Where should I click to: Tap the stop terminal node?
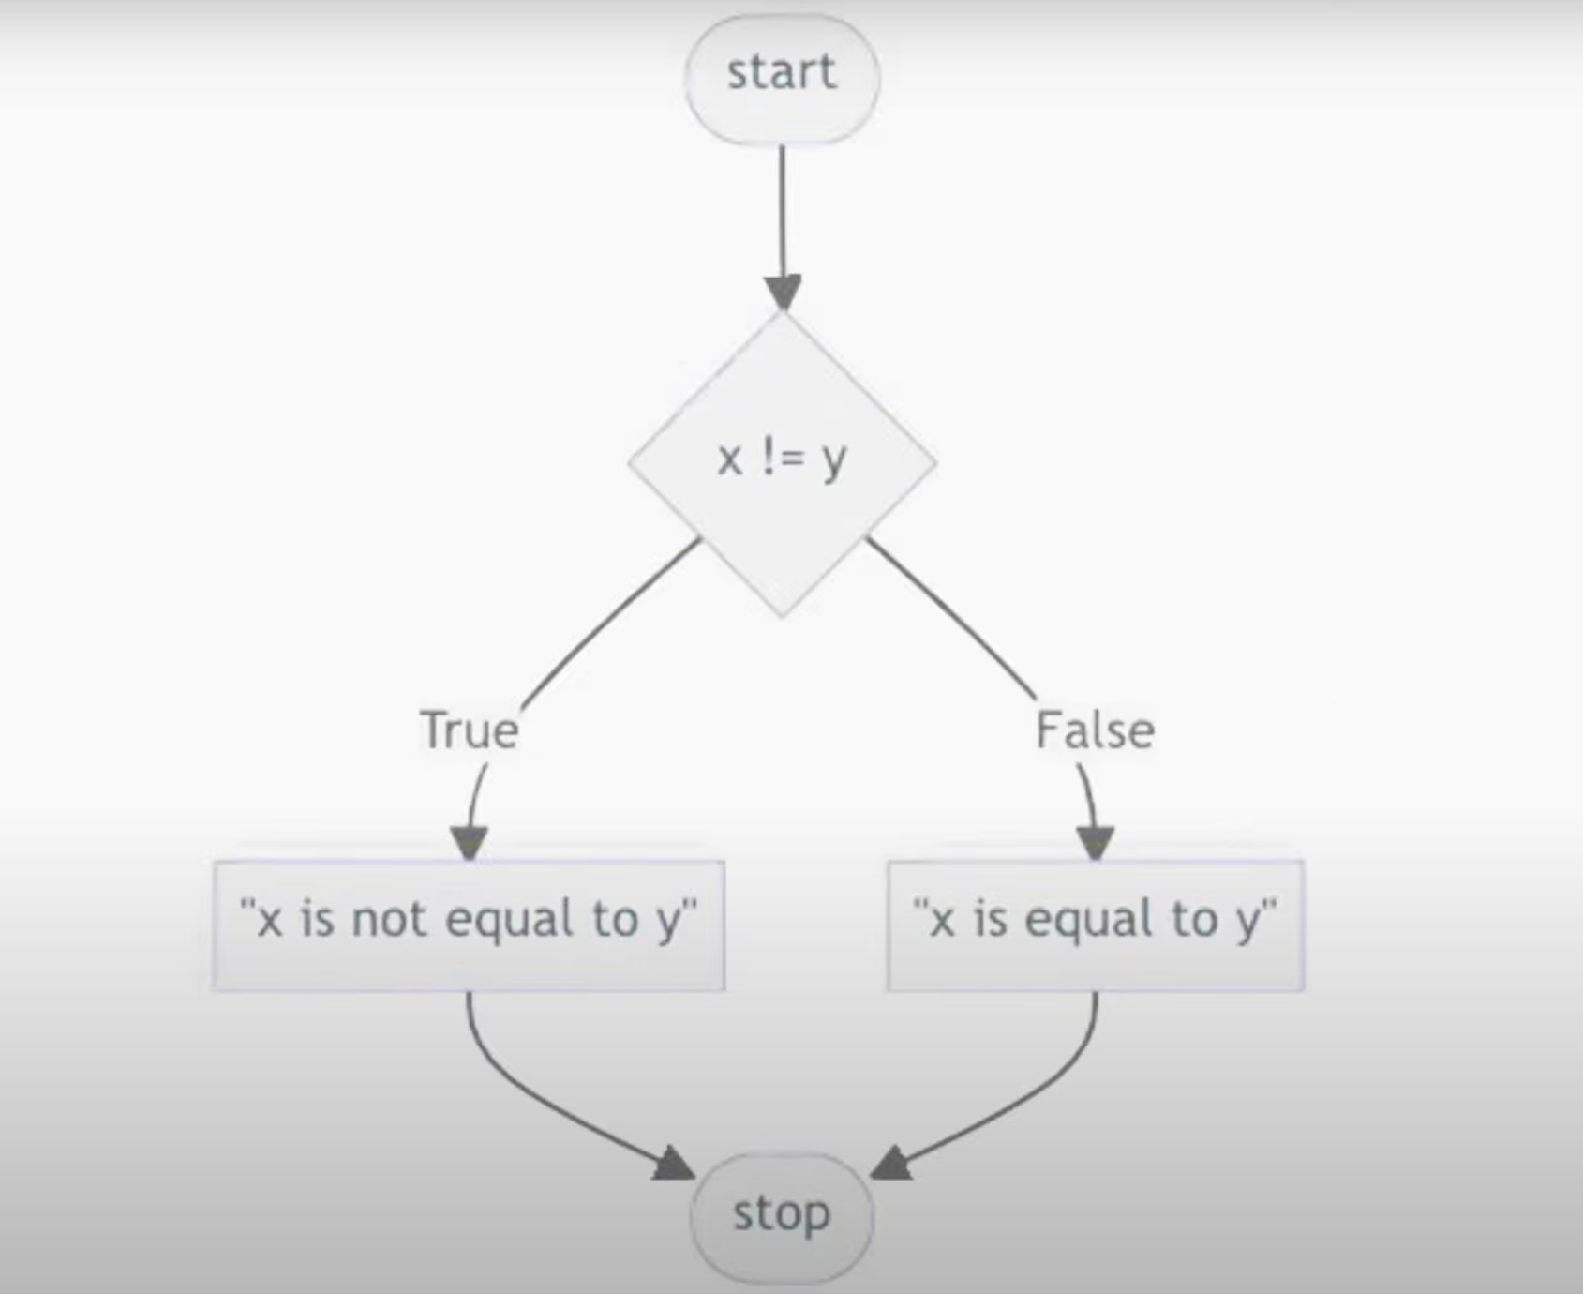[782, 1215]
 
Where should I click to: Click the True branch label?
[469, 730]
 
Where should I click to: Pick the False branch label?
[1095, 730]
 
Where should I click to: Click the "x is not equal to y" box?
[469, 924]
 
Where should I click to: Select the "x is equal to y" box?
[1095, 924]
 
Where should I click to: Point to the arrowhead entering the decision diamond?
[782, 292]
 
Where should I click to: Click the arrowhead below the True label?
[469, 841]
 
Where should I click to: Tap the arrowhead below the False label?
[1095, 841]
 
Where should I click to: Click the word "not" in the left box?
[389, 920]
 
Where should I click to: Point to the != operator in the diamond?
[780, 459]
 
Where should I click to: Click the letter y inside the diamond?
[832, 461]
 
